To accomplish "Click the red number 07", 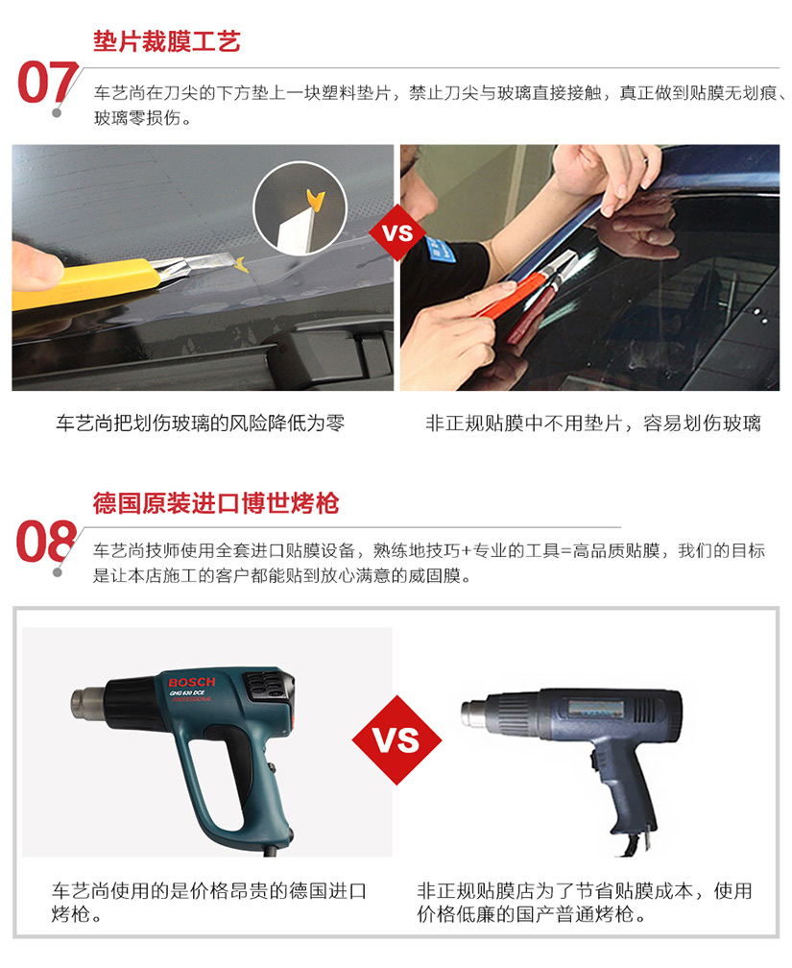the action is (x=48, y=83).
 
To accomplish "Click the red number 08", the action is (x=46, y=541).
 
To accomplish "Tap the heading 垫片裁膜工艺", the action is (x=167, y=41).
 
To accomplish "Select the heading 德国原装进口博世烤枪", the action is (x=216, y=503).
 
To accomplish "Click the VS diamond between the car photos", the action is (x=396, y=232).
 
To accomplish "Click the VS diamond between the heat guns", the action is (x=396, y=739).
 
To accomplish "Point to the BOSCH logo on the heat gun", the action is (x=191, y=682).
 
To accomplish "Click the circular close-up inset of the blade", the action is (x=300, y=208).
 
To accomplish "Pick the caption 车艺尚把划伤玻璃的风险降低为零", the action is (x=200, y=423).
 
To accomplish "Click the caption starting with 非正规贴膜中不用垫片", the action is (x=592, y=423).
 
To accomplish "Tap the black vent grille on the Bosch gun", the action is (x=267, y=686).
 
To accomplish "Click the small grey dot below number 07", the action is (x=57, y=113).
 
